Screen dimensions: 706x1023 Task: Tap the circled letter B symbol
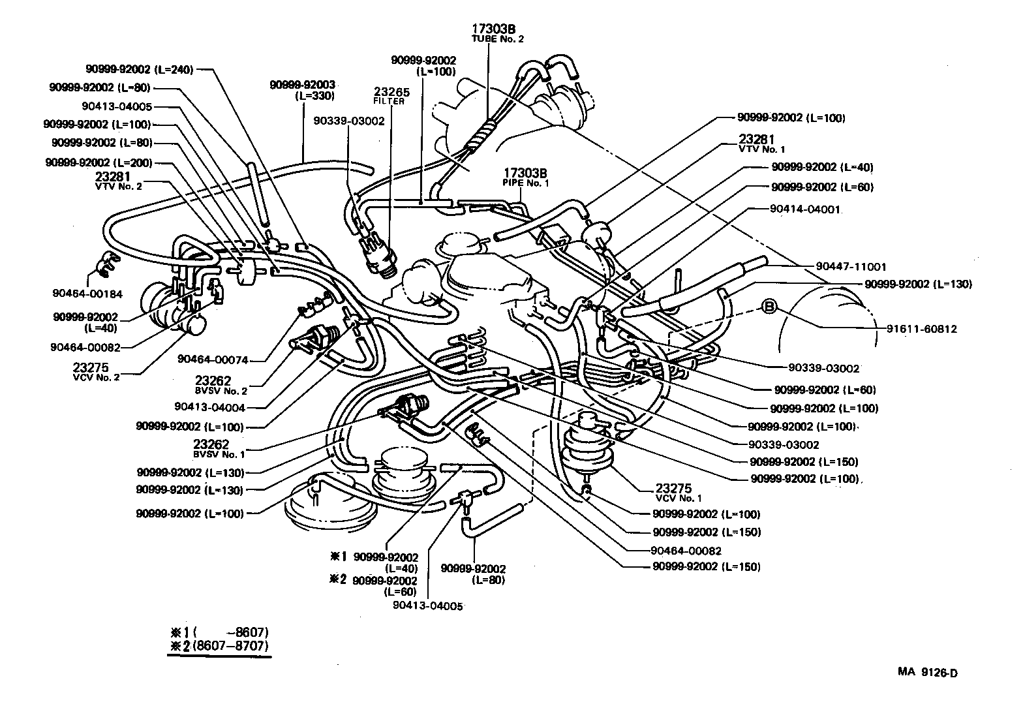[769, 306]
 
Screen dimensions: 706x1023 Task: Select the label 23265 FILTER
[389, 96]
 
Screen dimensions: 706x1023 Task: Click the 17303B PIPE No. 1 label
[525, 177]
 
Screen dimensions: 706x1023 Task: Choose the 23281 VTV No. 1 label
[761, 144]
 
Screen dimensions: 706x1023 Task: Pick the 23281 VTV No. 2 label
[118, 181]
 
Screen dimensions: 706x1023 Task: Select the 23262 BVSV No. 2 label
[221, 385]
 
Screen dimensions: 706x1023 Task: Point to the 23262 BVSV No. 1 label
[219, 448]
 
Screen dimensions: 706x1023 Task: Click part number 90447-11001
[851, 267]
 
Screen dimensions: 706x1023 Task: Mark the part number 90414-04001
[806, 209]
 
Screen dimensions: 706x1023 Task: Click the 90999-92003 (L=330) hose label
[302, 90]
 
